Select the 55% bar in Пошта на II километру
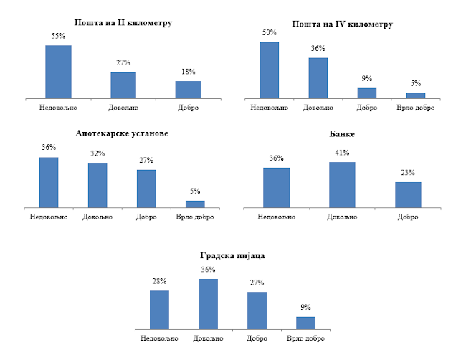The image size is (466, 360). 58,71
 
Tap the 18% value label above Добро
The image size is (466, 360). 189,72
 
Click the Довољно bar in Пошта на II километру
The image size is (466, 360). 123,85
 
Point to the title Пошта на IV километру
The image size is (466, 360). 342,24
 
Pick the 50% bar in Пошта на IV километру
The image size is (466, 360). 269,70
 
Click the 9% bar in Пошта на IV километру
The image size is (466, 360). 367,93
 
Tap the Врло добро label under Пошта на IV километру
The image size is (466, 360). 416,108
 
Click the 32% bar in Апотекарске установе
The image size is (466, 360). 98,185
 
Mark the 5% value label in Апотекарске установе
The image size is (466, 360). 196,191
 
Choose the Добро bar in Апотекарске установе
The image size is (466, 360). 146,189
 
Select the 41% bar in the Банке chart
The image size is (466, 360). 342,185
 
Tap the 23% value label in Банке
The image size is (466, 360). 408,173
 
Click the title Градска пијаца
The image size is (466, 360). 233,255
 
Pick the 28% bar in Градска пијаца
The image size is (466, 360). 159,310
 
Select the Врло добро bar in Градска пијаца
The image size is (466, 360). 305,323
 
